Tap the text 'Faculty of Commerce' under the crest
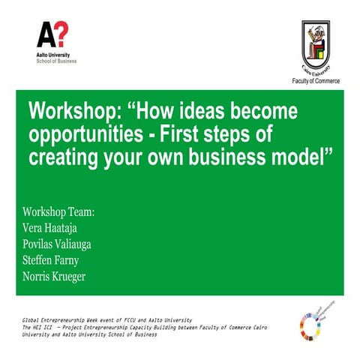(x=315, y=80)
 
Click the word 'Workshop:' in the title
(x=71, y=112)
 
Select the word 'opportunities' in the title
(x=83, y=135)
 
